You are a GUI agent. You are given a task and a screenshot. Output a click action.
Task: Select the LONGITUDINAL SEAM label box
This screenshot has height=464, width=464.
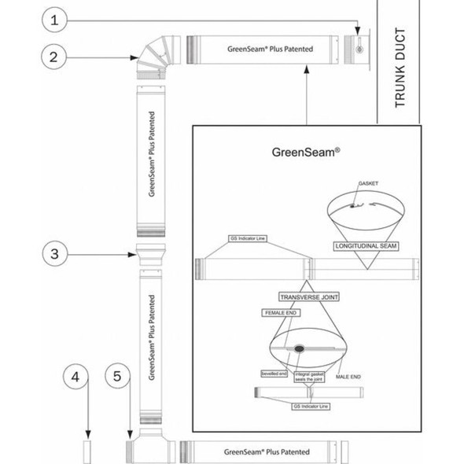point(366,246)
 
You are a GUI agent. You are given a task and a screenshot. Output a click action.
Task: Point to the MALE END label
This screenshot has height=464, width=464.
point(348,377)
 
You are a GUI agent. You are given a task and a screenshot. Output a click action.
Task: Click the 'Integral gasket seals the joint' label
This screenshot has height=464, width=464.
point(309,377)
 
